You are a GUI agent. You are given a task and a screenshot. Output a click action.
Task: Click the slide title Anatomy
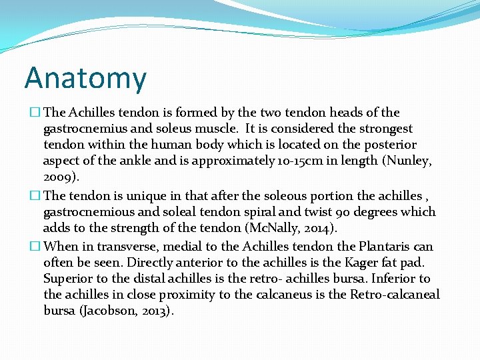click(x=85, y=78)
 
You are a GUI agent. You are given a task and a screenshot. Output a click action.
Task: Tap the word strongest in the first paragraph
click(x=387, y=129)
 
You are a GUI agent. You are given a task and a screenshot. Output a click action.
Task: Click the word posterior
click(x=392, y=145)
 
